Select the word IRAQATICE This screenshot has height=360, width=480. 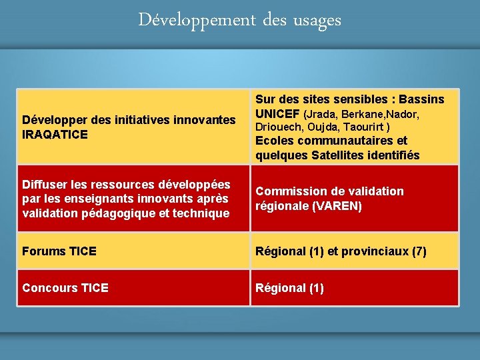(55, 134)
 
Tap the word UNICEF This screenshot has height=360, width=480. (277, 114)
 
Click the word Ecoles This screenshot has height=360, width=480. (273, 141)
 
